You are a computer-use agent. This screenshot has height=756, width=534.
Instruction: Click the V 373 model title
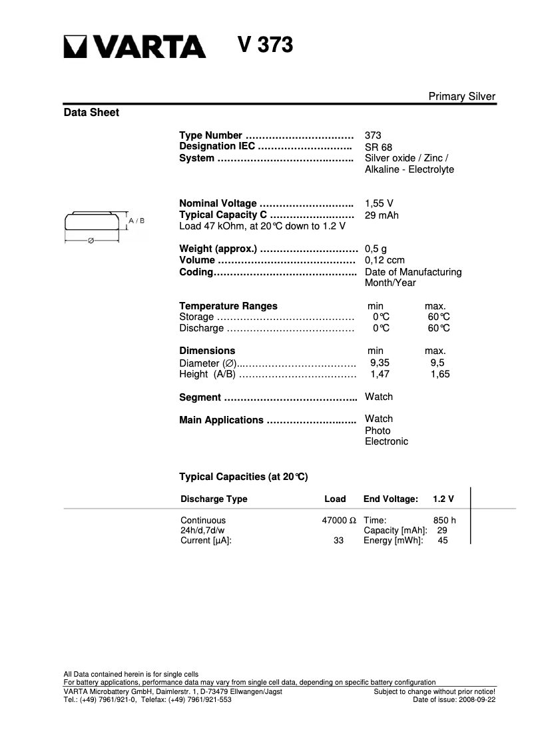(x=265, y=45)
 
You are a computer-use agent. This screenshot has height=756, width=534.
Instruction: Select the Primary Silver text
(x=461, y=97)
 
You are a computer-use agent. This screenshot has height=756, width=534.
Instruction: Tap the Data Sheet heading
(x=91, y=113)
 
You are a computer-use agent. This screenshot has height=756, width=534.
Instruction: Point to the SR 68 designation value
(x=378, y=147)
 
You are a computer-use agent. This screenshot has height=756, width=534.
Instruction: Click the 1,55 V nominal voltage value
(x=379, y=203)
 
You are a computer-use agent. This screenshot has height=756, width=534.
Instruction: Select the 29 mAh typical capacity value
(x=382, y=215)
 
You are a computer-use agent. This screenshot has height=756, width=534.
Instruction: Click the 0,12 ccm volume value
(x=384, y=260)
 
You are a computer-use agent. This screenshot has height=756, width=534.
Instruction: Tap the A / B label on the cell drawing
(x=136, y=220)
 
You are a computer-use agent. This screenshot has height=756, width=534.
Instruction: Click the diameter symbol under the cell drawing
(x=91, y=241)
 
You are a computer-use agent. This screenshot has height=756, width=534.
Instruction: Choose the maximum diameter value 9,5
(x=437, y=363)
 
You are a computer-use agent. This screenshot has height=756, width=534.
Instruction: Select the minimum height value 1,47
(x=380, y=375)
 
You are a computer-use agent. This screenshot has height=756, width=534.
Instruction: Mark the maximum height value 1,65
(x=440, y=375)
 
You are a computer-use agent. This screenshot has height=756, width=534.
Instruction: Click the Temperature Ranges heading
(x=228, y=306)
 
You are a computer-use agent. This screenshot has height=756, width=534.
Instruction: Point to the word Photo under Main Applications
(x=378, y=431)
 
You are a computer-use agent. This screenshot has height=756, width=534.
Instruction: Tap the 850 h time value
(x=444, y=521)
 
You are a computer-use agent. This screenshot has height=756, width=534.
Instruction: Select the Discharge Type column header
(x=214, y=499)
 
